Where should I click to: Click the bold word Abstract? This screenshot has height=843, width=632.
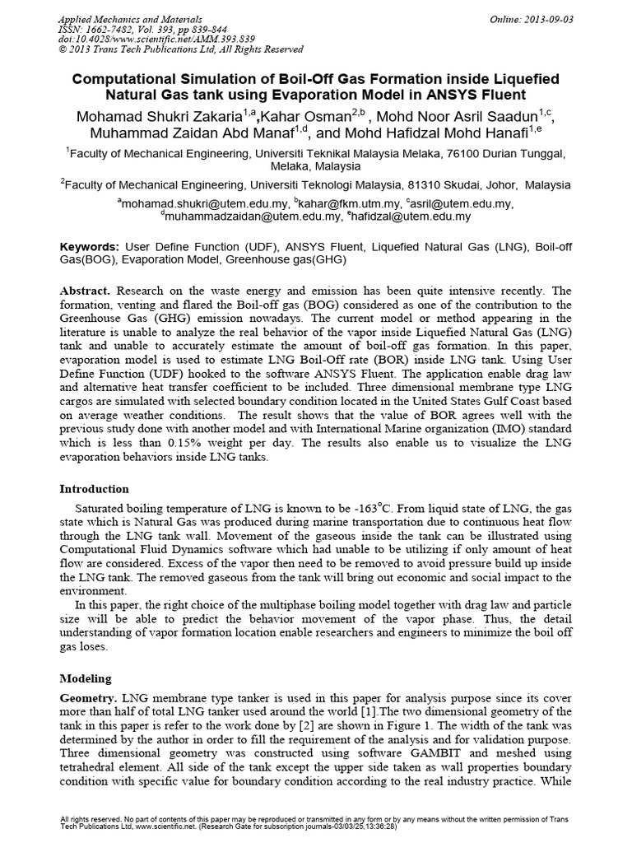pyautogui.click(x=86, y=292)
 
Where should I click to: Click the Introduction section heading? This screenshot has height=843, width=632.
pyautogui.click(x=95, y=488)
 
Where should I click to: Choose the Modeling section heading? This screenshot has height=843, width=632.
pyautogui.click(x=86, y=678)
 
